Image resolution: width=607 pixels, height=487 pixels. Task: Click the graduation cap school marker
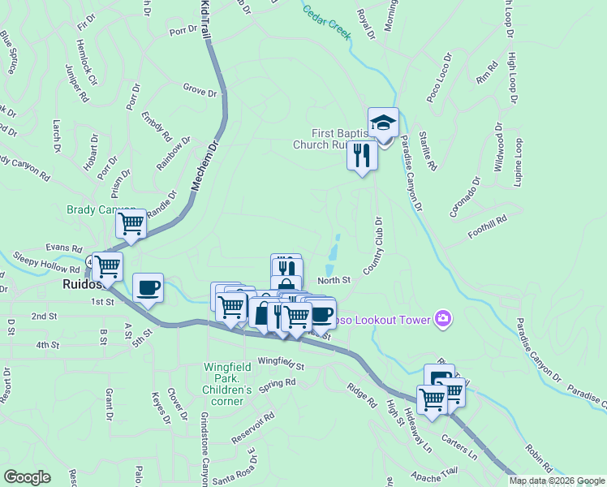[x=383, y=123]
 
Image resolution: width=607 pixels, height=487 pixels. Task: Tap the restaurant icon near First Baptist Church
[x=362, y=154]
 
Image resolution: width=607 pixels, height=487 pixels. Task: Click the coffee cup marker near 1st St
[x=148, y=288]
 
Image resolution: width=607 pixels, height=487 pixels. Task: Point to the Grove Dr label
[x=200, y=88]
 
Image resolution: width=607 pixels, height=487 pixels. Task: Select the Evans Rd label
[x=65, y=248]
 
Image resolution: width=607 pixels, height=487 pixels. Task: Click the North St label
[x=334, y=280]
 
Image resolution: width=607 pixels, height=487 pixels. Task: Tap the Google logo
[x=26, y=477]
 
